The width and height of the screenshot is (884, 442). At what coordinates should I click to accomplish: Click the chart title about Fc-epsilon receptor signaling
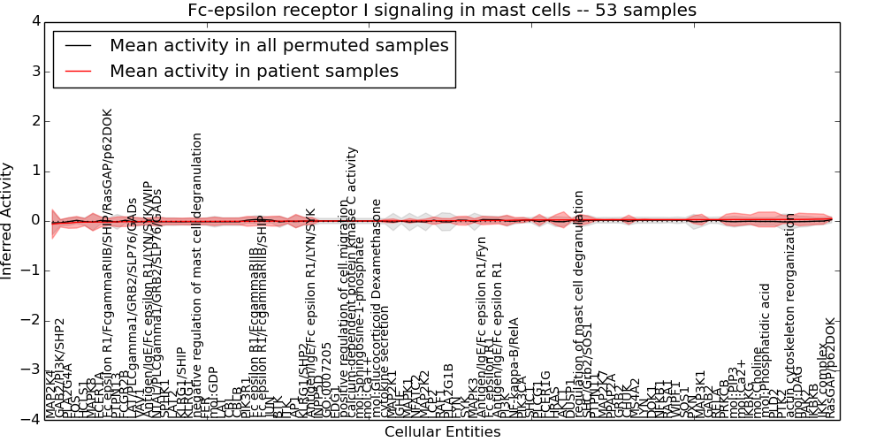pos(442,11)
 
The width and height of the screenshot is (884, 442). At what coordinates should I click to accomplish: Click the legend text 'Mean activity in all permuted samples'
pos(278,45)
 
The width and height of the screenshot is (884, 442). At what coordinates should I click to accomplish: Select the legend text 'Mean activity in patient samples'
pos(254,71)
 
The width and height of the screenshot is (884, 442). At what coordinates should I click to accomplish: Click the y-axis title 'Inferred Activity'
pos(8,220)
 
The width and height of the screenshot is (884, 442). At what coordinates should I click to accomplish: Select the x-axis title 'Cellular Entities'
pos(442,432)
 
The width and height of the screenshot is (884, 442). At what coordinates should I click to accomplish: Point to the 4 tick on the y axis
pos(34,21)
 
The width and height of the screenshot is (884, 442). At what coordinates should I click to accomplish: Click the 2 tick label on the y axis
pos(34,121)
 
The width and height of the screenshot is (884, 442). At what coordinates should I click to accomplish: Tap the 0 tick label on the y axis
pos(34,220)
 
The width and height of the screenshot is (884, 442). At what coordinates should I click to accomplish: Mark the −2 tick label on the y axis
pos(30,320)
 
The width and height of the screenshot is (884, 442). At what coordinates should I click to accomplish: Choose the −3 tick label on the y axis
pos(30,370)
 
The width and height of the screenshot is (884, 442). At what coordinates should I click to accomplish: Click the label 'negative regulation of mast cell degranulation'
pos(197,275)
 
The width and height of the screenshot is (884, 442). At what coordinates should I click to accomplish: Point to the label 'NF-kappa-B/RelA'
pos(514,368)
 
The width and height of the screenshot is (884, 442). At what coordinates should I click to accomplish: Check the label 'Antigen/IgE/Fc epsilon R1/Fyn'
pos(481,318)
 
